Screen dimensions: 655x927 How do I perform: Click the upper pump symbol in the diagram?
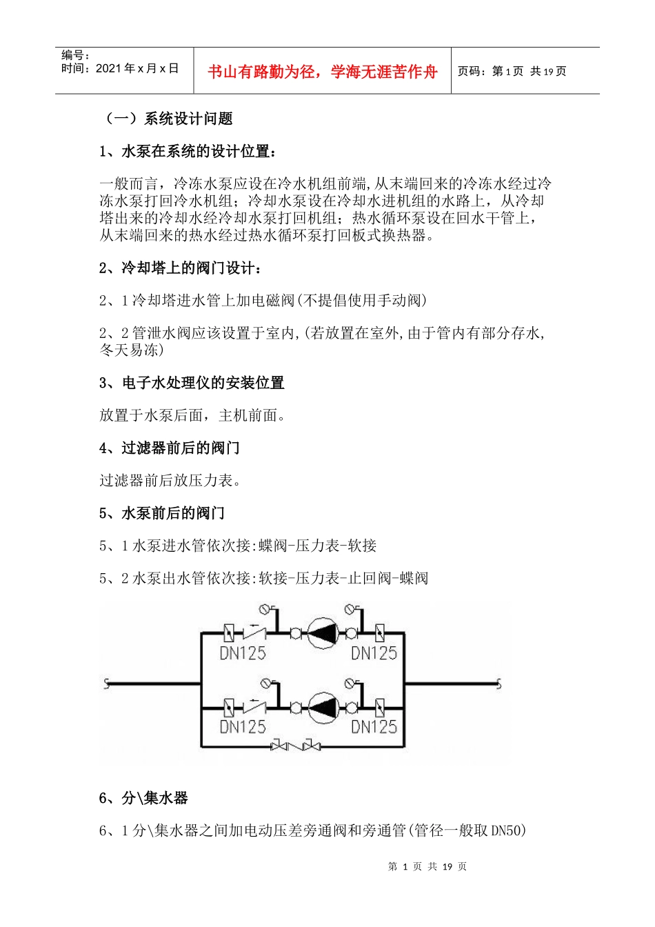pyautogui.click(x=322, y=632)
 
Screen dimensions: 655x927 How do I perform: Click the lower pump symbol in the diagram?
pyautogui.click(x=322, y=707)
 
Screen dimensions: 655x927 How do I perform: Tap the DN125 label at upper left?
pyautogui.click(x=242, y=652)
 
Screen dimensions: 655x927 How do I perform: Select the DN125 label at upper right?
pyautogui.click(x=374, y=652)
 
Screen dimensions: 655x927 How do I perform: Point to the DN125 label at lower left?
pyautogui.click(x=242, y=726)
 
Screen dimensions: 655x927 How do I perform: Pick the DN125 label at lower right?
pyautogui.click(x=374, y=726)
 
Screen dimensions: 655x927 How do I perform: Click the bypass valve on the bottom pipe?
pyautogui.click(x=296, y=746)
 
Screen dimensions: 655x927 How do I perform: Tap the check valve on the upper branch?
pyautogui.click(x=255, y=632)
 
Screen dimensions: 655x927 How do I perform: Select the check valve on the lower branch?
pyautogui.click(x=255, y=706)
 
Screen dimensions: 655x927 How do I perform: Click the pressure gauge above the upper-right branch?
pyautogui.click(x=351, y=610)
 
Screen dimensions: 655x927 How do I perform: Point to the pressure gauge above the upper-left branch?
pyautogui.click(x=265, y=610)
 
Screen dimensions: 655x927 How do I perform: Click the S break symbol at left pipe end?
pyautogui.click(x=106, y=684)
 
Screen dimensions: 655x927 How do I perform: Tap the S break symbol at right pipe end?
pyautogui.click(x=498, y=684)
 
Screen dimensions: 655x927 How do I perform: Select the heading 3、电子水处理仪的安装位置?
pyautogui.click(x=192, y=383)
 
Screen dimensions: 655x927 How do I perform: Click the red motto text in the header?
pyautogui.click(x=322, y=72)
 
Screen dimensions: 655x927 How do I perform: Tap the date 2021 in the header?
pyautogui.click(x=108, y=68)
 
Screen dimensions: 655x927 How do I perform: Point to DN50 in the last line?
pyautogui.click(x=508, y=830)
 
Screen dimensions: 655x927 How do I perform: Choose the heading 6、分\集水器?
pyautogui.click(x=143, y=798)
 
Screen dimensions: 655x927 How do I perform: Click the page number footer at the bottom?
pyautogui.click(x=427, y=866)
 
